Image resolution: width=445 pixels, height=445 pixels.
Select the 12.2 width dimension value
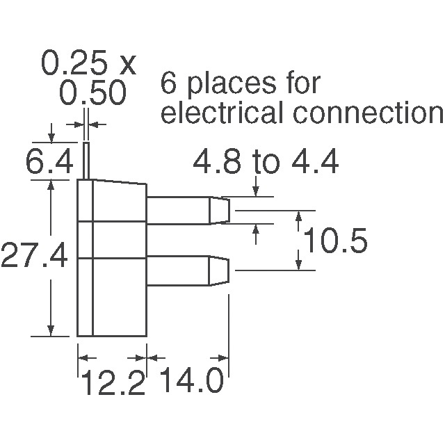pyautogui.click(x=113, y=383)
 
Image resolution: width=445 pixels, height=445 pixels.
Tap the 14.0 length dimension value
pyautogui.click(x=191, y=383)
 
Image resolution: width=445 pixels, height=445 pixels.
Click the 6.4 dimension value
pyautogui.click(x=49, y=164)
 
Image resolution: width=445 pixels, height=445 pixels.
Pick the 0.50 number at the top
pyautogui.click(x=92, y=93)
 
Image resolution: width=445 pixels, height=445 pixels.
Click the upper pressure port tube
pyautogui.click(x=179, y=210)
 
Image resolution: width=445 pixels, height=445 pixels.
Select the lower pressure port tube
pyautogui.click(x=179, y=270)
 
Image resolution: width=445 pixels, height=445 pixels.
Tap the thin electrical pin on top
pyautogui.click(x=88, y=161)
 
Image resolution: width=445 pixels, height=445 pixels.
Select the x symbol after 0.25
pyautogui.click(x=126, y=65)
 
